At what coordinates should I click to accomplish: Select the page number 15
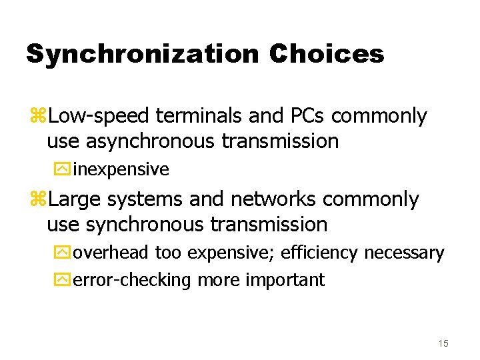tap(443, 343)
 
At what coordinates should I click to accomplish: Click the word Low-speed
tap(100, 116)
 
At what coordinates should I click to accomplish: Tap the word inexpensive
tap(121, 169)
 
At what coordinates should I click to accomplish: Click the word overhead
tap(112, 253)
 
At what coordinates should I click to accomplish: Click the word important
tap(285, 279)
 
